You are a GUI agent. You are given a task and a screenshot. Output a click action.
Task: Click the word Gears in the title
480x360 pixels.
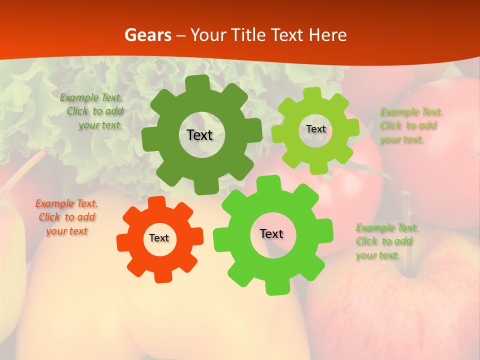tap(147, 35)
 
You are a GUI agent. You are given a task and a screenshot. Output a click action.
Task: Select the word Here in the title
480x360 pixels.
tap(328, 35)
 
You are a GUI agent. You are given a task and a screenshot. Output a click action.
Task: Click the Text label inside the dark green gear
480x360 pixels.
tap(199, 135)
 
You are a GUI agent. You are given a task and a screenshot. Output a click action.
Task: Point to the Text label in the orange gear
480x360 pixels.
tap(159, 238)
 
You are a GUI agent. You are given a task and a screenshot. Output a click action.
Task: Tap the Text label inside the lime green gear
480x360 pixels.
tap(315, 129)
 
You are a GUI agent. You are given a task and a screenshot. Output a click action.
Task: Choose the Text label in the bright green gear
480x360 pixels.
tap(271, 234)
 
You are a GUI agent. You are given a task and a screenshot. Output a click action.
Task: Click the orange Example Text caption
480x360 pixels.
tap(66, 217)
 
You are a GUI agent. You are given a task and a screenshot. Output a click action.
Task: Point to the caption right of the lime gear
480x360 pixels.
tap(409, 125)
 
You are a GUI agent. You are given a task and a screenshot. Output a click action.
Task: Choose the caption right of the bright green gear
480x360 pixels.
tap(386, 241)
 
